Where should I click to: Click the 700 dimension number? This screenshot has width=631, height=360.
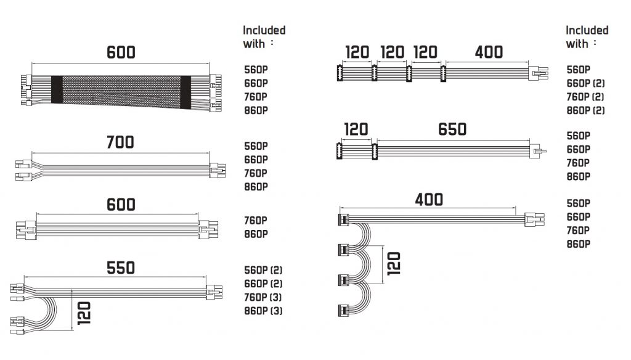[x=120, y=142]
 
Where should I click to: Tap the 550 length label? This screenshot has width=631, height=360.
[x=120, y=268]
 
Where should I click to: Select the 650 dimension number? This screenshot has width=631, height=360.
[x=452, y=129]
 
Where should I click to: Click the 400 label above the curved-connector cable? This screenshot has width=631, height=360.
[x=429, y=200]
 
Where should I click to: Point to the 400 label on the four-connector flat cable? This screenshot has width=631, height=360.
[x=489, y=52]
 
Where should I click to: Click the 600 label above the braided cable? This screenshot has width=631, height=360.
[x=121, y=52]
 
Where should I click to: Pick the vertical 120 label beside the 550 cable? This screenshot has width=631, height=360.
[x=84, y=313]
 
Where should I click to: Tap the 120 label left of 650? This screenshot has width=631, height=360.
[x=356, y=129]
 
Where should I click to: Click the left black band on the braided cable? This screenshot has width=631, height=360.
[x=57, y=89]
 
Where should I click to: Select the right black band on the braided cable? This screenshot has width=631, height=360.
[x=185, y=92]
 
